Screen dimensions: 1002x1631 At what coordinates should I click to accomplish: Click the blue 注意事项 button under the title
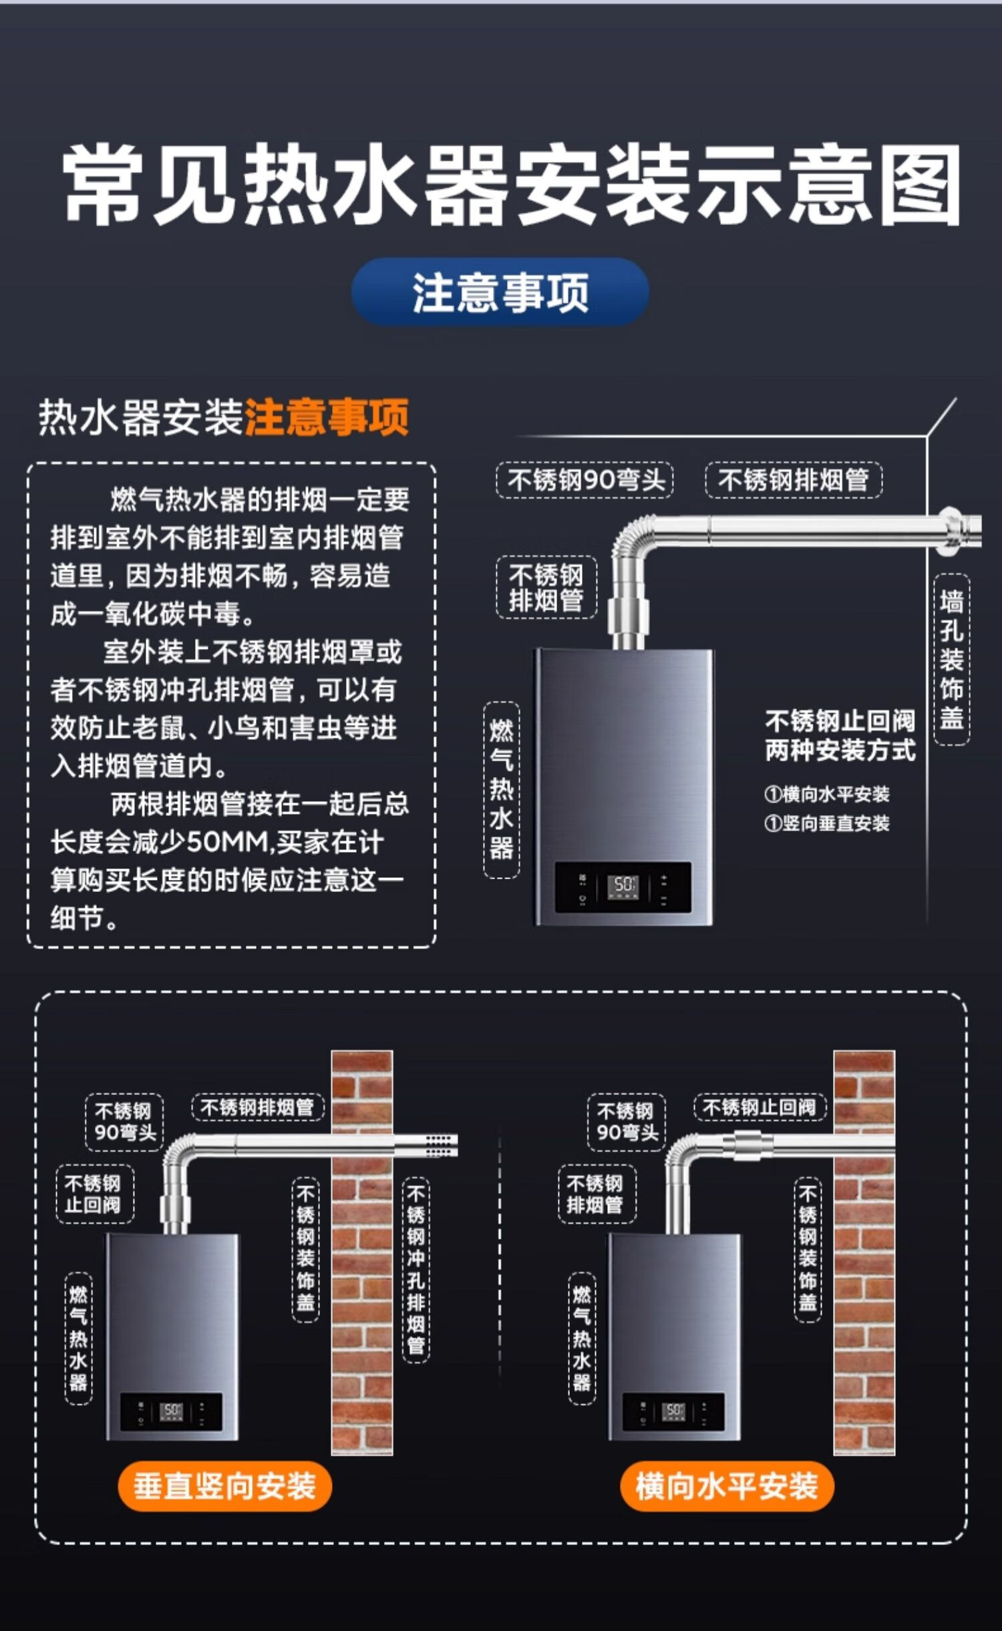pyautogui.click(x=500, y=292)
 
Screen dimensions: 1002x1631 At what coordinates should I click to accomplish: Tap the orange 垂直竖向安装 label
pyautogui.click(x=224, y=1486)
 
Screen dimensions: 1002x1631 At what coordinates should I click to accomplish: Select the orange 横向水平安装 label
pyautogui.click(x=727, y=1486)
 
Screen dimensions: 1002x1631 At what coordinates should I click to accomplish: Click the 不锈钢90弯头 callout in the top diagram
pyautogui.click(x=585, y=480)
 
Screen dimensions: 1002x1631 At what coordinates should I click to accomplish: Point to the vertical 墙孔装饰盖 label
pyautogui.click(x=951, y=659)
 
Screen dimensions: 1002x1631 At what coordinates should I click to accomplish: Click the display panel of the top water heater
pyautogui.click(x=623, y=887)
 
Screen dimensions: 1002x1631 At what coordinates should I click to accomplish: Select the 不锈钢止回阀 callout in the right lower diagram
pyautogui.click(x=760, y=1108)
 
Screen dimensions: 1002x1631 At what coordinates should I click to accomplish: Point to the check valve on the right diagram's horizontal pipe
pyautogui.click(x=754, y=1144)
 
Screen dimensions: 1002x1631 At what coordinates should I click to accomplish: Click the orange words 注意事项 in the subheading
pyautogui.click(x=327, y=417)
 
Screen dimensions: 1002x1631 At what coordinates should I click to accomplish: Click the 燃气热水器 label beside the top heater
pyautogui.click(x=501, y=790)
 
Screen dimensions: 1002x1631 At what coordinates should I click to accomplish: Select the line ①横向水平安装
pyautogui.click(x=827, y=794)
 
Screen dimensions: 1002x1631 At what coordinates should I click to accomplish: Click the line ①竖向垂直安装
pyautogui.click(x=827, y=823)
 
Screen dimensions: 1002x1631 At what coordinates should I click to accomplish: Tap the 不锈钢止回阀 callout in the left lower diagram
pyautogui.click(x=94, y=1194)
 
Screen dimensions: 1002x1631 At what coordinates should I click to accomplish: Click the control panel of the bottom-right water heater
pyautogui.click(x=673, y=1411)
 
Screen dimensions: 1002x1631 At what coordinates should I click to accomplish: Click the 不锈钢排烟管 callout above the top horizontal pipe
pyautogui.click(x=794, y=480)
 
